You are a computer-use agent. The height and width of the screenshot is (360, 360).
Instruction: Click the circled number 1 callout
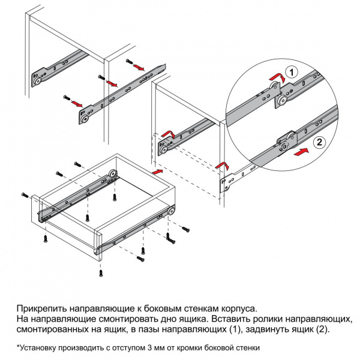pyautogui.click(x=292, y=72)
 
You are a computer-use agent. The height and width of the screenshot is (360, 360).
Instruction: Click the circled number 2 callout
pyautogui.click(x=320, y=142)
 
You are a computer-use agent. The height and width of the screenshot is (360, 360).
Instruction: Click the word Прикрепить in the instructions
pyautogui.click(x=43, y=307)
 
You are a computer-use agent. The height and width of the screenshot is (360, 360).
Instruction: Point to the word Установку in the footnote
pyautogui.click(x=39, y=347)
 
